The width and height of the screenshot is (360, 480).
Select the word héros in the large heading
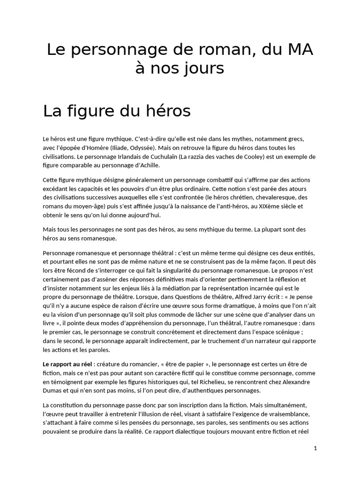click(169, 112)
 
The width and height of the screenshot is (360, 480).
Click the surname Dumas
click(54, 390)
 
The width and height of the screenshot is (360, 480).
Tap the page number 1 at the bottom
click(315, 448)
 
